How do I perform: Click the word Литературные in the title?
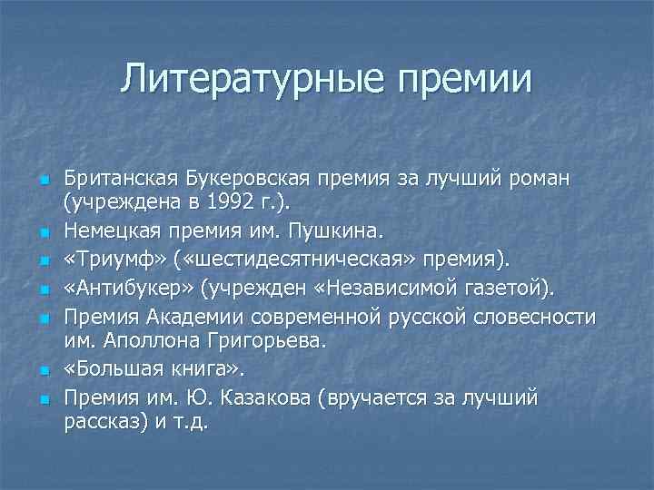[238, 79]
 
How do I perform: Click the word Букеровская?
[248, 176]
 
